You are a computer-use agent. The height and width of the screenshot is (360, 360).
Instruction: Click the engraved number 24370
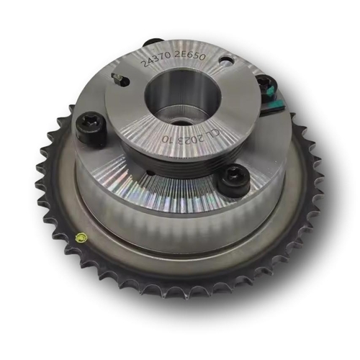tap(156, 60)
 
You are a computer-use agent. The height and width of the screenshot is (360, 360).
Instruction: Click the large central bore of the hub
tap(183, 99)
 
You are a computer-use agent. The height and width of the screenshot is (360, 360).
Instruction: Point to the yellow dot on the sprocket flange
tap(81, 238)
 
